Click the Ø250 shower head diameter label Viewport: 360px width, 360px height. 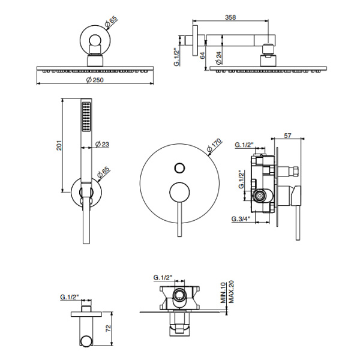[x=94, y=81]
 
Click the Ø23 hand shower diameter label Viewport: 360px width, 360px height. [x=102, y=144]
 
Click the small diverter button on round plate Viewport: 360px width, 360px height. [x=178, y=168]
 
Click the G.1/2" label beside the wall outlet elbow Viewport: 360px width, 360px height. [x=71, y=298]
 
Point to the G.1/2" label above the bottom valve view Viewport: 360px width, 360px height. [x=163, y=278]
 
